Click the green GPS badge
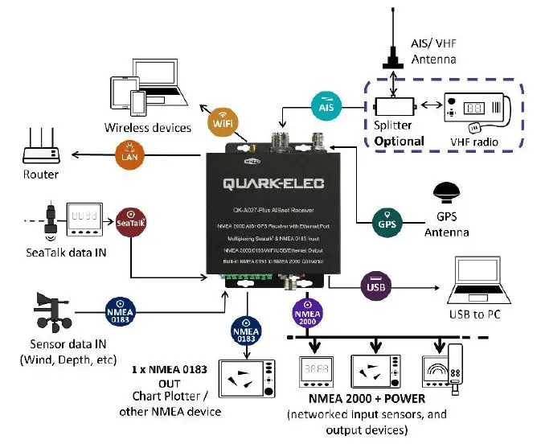tap(387, 220)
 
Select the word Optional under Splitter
tap(400, 142)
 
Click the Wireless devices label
tap(148, 127)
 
